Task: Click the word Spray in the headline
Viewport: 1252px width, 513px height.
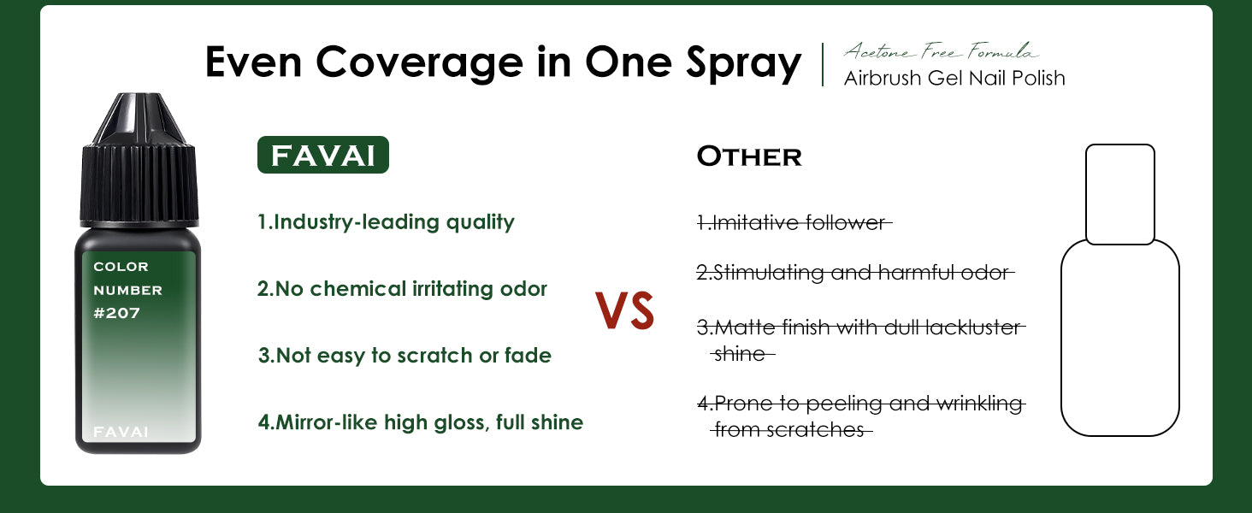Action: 744,64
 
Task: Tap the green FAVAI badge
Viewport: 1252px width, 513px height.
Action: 323,155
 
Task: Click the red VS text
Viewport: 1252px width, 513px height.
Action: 624,310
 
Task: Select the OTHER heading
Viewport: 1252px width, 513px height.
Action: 749,156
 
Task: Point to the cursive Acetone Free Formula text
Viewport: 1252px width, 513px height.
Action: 942,50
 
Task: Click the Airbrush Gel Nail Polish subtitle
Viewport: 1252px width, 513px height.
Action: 954,79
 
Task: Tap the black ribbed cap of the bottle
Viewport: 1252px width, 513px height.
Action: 139,160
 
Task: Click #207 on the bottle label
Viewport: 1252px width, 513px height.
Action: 117,313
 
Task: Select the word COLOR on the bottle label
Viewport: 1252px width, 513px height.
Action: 121,267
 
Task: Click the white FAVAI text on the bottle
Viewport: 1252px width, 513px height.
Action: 121,432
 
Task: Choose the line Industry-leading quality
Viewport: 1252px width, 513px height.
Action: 386,222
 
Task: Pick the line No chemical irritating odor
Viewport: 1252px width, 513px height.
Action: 402,289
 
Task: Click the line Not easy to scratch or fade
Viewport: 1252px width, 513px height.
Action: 405,356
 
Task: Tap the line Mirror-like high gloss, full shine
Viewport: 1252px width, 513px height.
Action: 420,422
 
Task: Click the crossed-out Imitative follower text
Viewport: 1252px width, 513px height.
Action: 794,223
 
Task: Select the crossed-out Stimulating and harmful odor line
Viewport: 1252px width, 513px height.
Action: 855,273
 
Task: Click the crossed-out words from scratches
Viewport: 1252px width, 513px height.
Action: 791,430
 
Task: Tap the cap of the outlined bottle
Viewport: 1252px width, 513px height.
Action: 1120,194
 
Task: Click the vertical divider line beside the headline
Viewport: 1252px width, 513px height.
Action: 823,65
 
